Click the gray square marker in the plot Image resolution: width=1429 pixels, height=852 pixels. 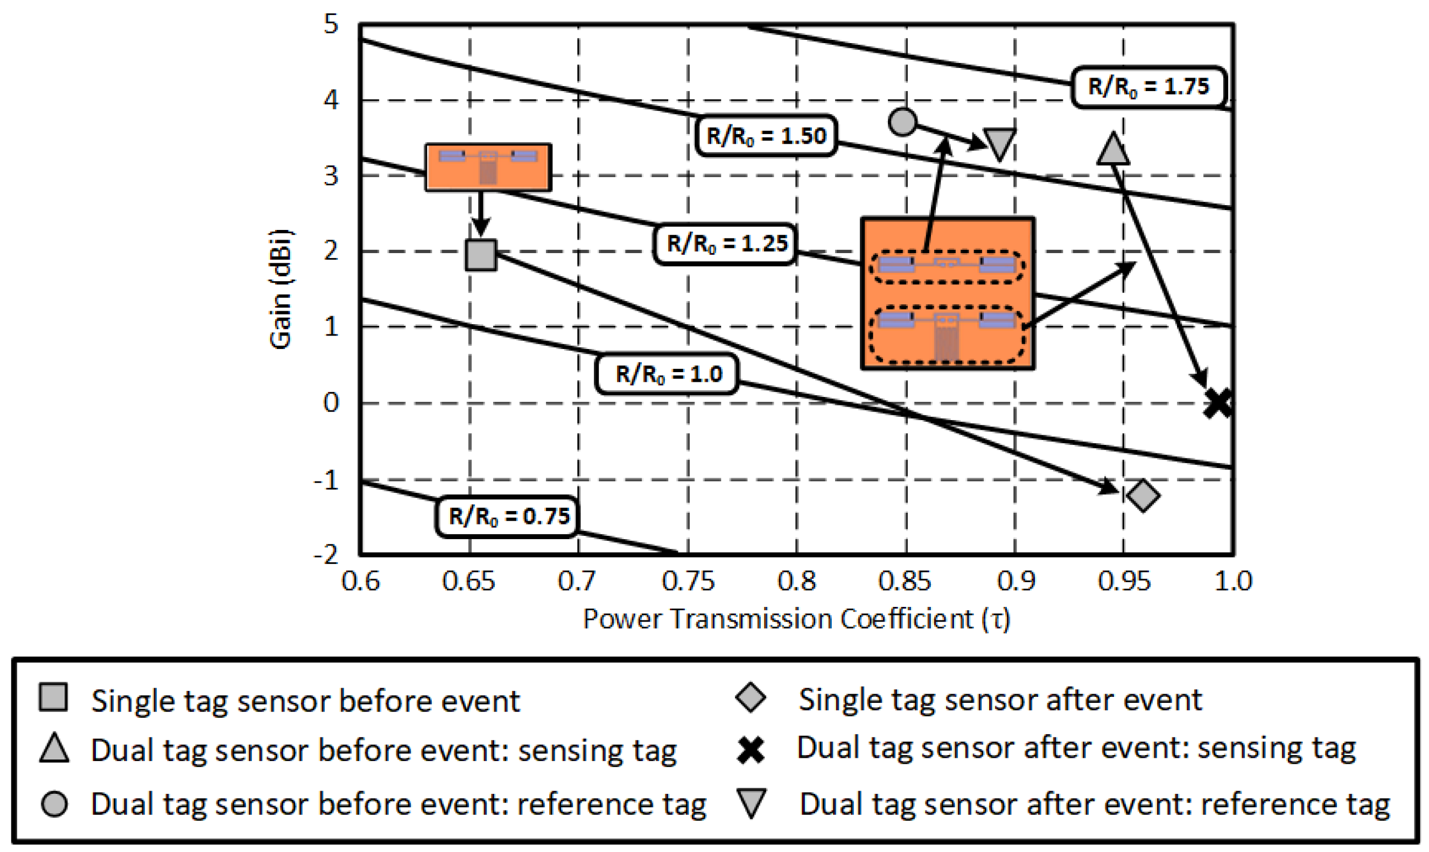coord(480,255)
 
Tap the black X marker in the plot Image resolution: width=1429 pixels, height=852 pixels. coord(1217,403)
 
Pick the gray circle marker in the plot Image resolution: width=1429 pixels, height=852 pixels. coord(902,122)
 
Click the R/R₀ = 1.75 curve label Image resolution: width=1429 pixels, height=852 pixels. coord(1148,87)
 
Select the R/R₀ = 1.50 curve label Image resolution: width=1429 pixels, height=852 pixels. coord(766,136)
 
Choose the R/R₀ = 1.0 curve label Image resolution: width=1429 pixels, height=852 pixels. coord(668,374)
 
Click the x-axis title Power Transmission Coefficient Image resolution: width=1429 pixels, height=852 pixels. coord(796,619)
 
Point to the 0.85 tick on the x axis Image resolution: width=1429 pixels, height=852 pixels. coord(905,581)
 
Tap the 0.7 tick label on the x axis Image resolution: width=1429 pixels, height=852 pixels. coord(576,581)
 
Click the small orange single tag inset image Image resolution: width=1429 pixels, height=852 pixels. coord(488,167)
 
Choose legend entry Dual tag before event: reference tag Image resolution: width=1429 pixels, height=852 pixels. coord(398,804)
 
